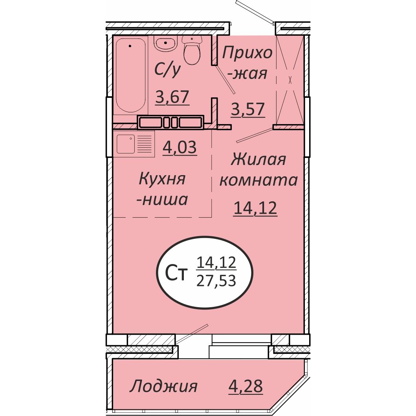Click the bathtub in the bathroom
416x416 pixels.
click(131, 75)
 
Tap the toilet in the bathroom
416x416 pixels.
click(192, 51)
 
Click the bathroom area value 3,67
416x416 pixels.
click(172, 96)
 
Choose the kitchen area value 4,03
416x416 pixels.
click(180, 148)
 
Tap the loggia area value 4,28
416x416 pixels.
click(246, 386)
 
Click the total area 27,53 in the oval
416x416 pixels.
click(217, 281)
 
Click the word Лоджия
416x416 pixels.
click(163, 386)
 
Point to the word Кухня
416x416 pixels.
click(162, 180)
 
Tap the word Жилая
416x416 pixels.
click(258, 160)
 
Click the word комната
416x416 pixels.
click(258, 180)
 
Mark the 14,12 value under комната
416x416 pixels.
click(255, 208)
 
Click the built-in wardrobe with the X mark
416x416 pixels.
click(290, 80)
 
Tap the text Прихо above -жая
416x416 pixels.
click(247, 53)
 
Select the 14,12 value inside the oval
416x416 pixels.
click(217, 262)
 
